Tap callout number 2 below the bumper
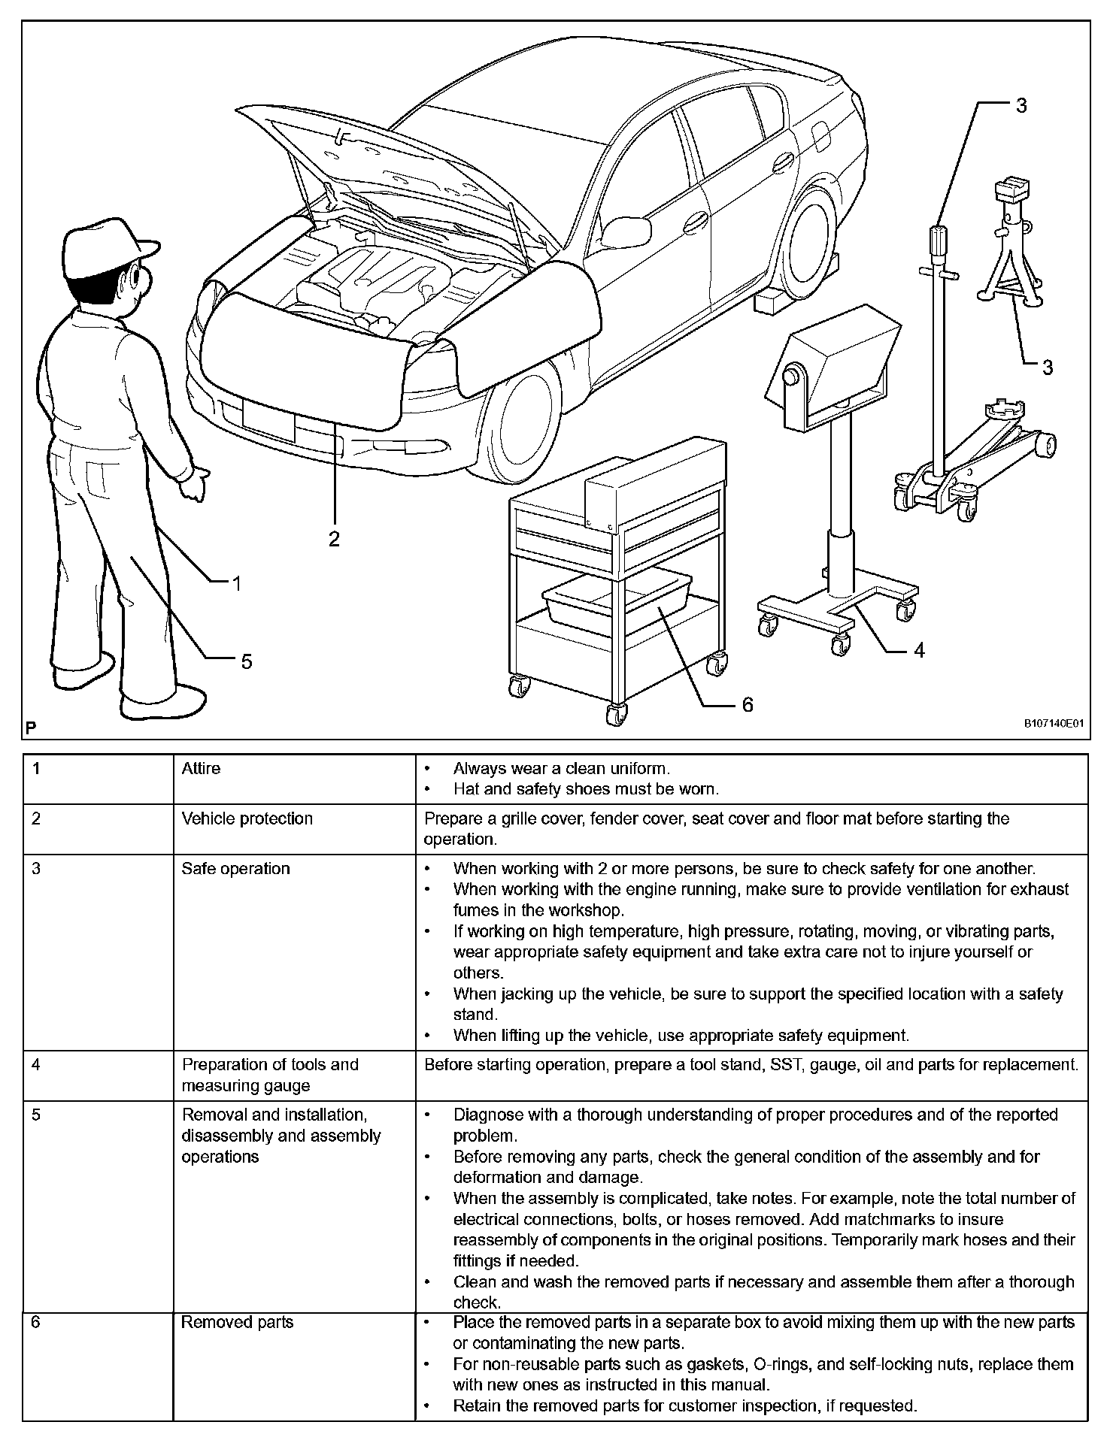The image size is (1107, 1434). click(x=334, y=538)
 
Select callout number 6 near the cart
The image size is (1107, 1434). click(x=747, y=704)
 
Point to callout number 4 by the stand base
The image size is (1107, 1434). click(x=918, y=649)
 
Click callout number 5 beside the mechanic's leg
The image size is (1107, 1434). click(x=246, y=661)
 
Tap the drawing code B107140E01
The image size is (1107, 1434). click(x=1053, y=724)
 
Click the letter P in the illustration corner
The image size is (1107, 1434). click(x=31, y=728)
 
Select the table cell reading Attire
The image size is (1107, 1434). click(x=201, y=768)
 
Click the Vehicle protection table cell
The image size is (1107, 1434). click(x=247, y=818)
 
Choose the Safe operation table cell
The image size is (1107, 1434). click(x=235, y=868)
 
